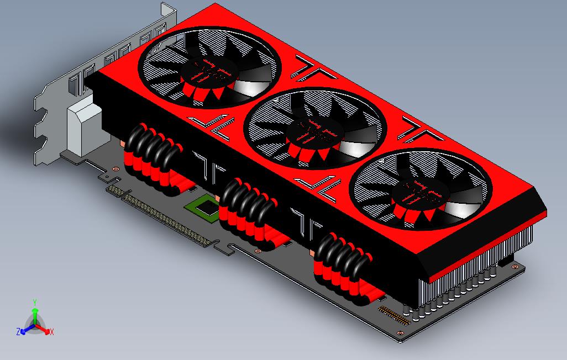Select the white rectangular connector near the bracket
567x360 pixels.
click(84, 129)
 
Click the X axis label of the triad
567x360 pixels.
click(51, 332)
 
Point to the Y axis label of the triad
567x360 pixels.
click(34, 302)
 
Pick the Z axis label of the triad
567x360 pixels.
click(18, 332)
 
